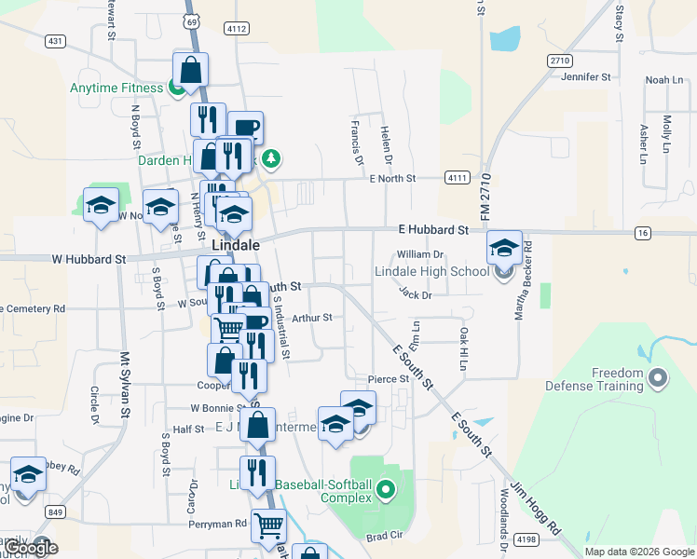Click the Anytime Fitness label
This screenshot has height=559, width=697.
point(116,89)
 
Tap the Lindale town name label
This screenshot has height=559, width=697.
point(236,244)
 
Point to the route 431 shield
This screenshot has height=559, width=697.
point(55,40)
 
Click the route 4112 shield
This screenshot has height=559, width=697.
point(237,29)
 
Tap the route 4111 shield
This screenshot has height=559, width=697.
point(458,177)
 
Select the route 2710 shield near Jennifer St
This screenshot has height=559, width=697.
point(559,61)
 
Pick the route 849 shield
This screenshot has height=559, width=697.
point(56,511)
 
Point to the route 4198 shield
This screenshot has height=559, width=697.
point(526,539)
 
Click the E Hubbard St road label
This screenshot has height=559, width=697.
point(432,229)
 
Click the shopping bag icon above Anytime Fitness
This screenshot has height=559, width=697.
point(190,70)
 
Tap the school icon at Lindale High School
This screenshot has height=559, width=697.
point(504,250)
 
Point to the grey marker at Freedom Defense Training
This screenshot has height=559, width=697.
point(658,378)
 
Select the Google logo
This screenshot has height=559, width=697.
point(32,548)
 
